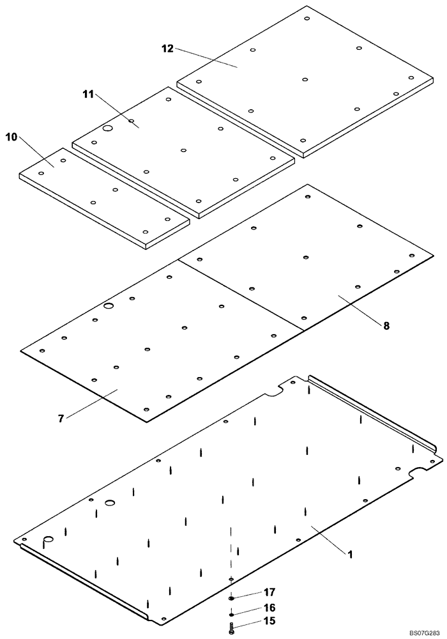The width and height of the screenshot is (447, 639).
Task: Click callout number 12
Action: click(167, 49)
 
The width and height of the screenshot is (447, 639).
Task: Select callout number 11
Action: click(88, 94)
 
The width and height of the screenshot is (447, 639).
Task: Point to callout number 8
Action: click(386, 325)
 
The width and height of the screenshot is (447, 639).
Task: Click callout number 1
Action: click(350, 554)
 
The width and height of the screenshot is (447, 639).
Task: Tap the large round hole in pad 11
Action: click(108, 128)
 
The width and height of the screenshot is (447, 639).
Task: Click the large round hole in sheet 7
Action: click(109, 307)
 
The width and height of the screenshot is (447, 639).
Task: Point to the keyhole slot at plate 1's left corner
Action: click(47, 542)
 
